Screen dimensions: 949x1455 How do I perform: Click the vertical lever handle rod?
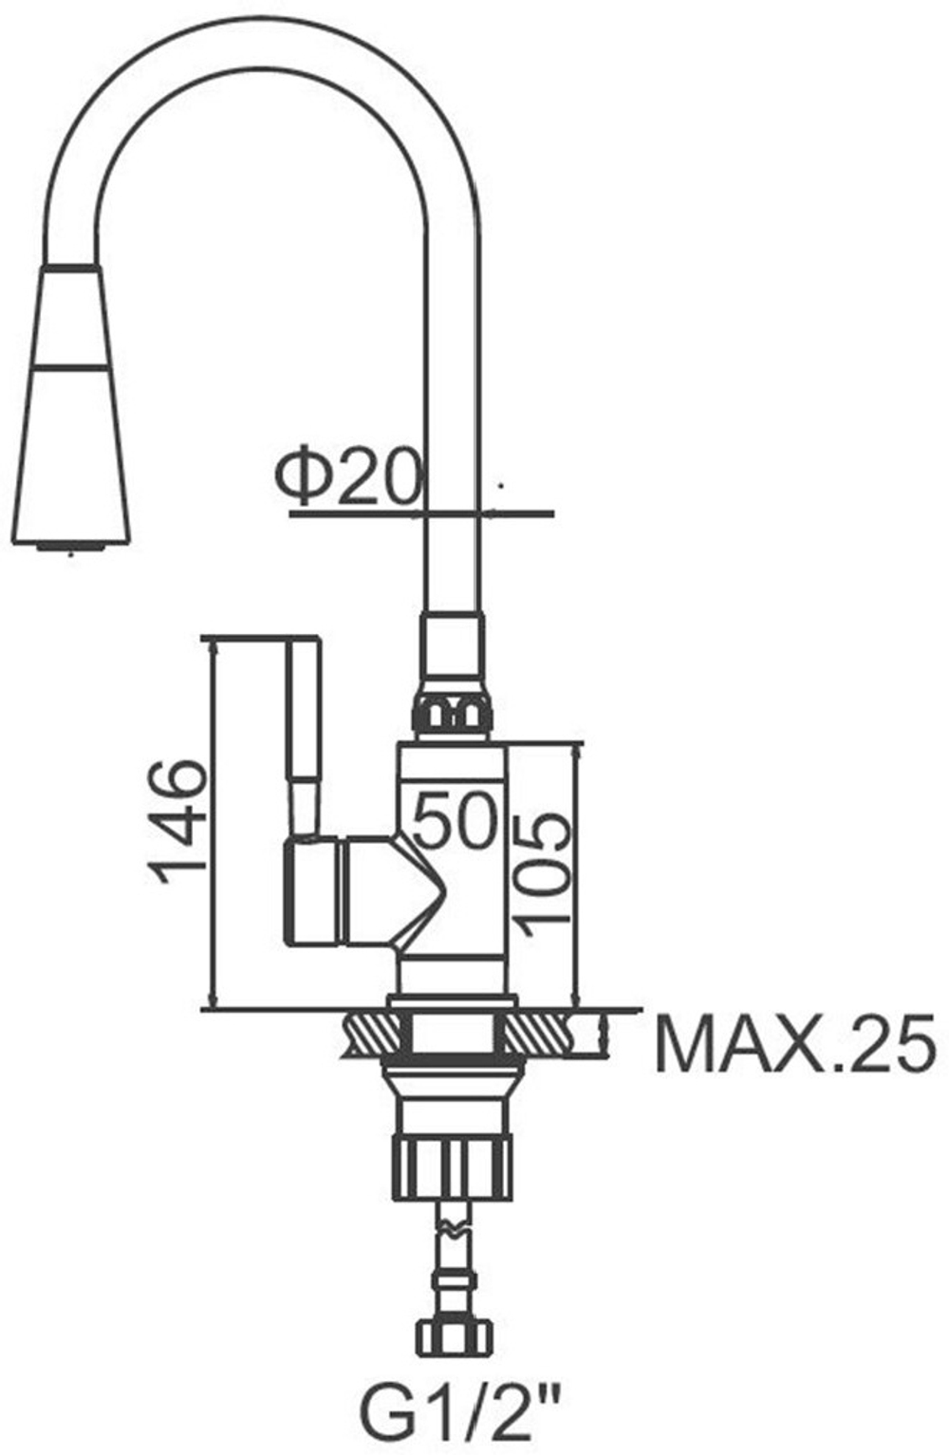point(304,737)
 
